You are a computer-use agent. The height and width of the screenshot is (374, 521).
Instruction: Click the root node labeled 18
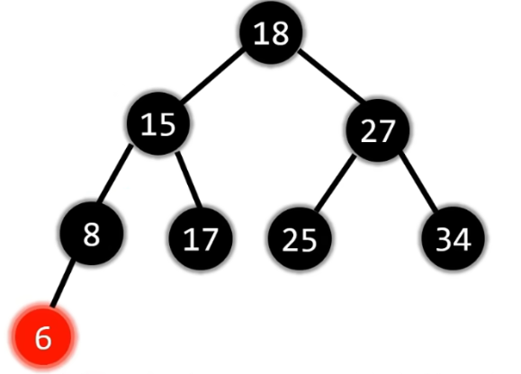click(271, 32)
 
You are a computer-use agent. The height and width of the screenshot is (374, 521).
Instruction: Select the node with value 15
click(158, 123)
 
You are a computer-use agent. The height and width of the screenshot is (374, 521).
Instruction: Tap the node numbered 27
click(377, 130)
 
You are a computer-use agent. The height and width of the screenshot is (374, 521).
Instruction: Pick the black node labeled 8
click(92, 234)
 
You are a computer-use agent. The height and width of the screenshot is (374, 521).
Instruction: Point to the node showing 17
click(201, 238)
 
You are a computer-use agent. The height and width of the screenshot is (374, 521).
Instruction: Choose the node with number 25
click(300, 238)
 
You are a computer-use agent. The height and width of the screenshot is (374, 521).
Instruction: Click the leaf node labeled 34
click(453, 238)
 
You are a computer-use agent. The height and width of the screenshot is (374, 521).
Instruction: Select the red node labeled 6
click(43, 336)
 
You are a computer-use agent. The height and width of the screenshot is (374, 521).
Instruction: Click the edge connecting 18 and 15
click(213, 76)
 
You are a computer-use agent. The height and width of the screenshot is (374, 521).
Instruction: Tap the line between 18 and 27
click(332, 75)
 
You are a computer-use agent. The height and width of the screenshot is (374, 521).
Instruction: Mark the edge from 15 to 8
click(114, 174)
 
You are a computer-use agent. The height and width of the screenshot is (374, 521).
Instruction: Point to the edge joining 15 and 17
click(189, 180)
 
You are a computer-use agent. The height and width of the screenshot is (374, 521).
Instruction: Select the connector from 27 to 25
click(335, 183)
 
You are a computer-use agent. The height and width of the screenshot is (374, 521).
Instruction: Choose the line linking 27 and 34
click(418, 182)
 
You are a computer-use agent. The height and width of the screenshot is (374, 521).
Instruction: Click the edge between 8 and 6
click(62, 283)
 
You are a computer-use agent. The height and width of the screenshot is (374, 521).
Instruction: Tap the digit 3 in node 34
click(445, 239)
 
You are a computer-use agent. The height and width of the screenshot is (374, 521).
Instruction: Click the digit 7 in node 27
click(386, 131)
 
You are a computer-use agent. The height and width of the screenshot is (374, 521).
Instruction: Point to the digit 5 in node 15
click(166, 124)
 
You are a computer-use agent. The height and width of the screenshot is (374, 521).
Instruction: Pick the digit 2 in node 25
click(290, 239)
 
